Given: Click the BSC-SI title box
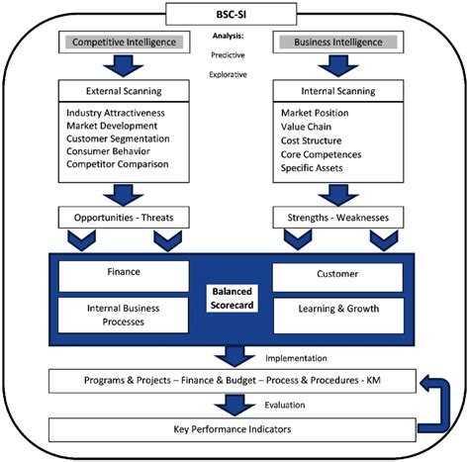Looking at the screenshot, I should pos(234,13).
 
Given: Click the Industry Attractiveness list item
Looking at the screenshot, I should pos(116,114).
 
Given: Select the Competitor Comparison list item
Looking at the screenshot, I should pos(115,165).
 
